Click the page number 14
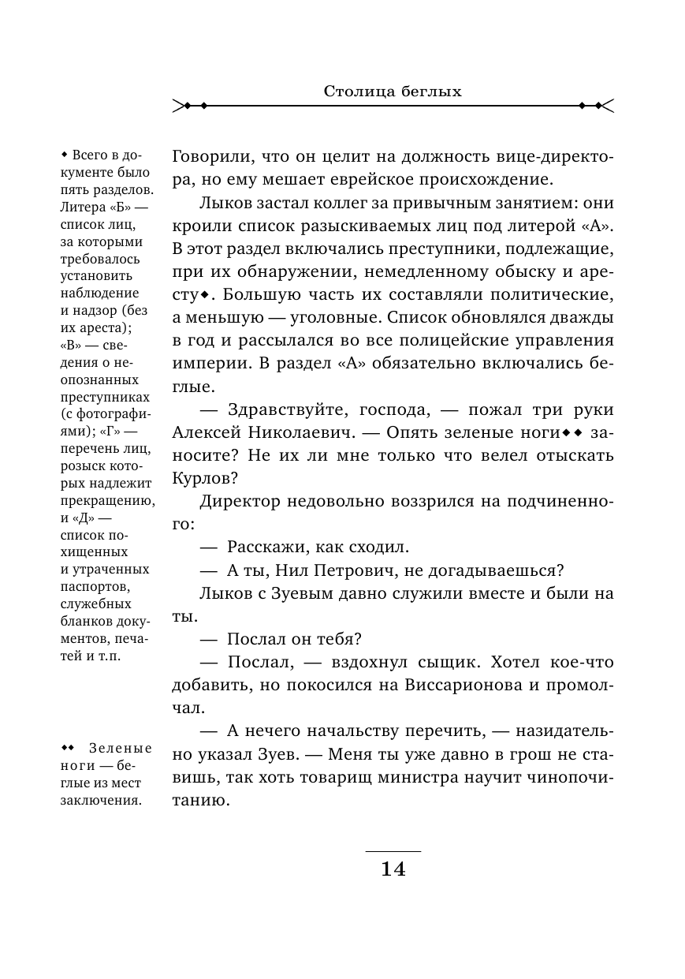tap(393, 869)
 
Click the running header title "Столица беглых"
tap(393, 92)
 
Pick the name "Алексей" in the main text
tap(208, 433)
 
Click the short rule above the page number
tap(393, 852)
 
